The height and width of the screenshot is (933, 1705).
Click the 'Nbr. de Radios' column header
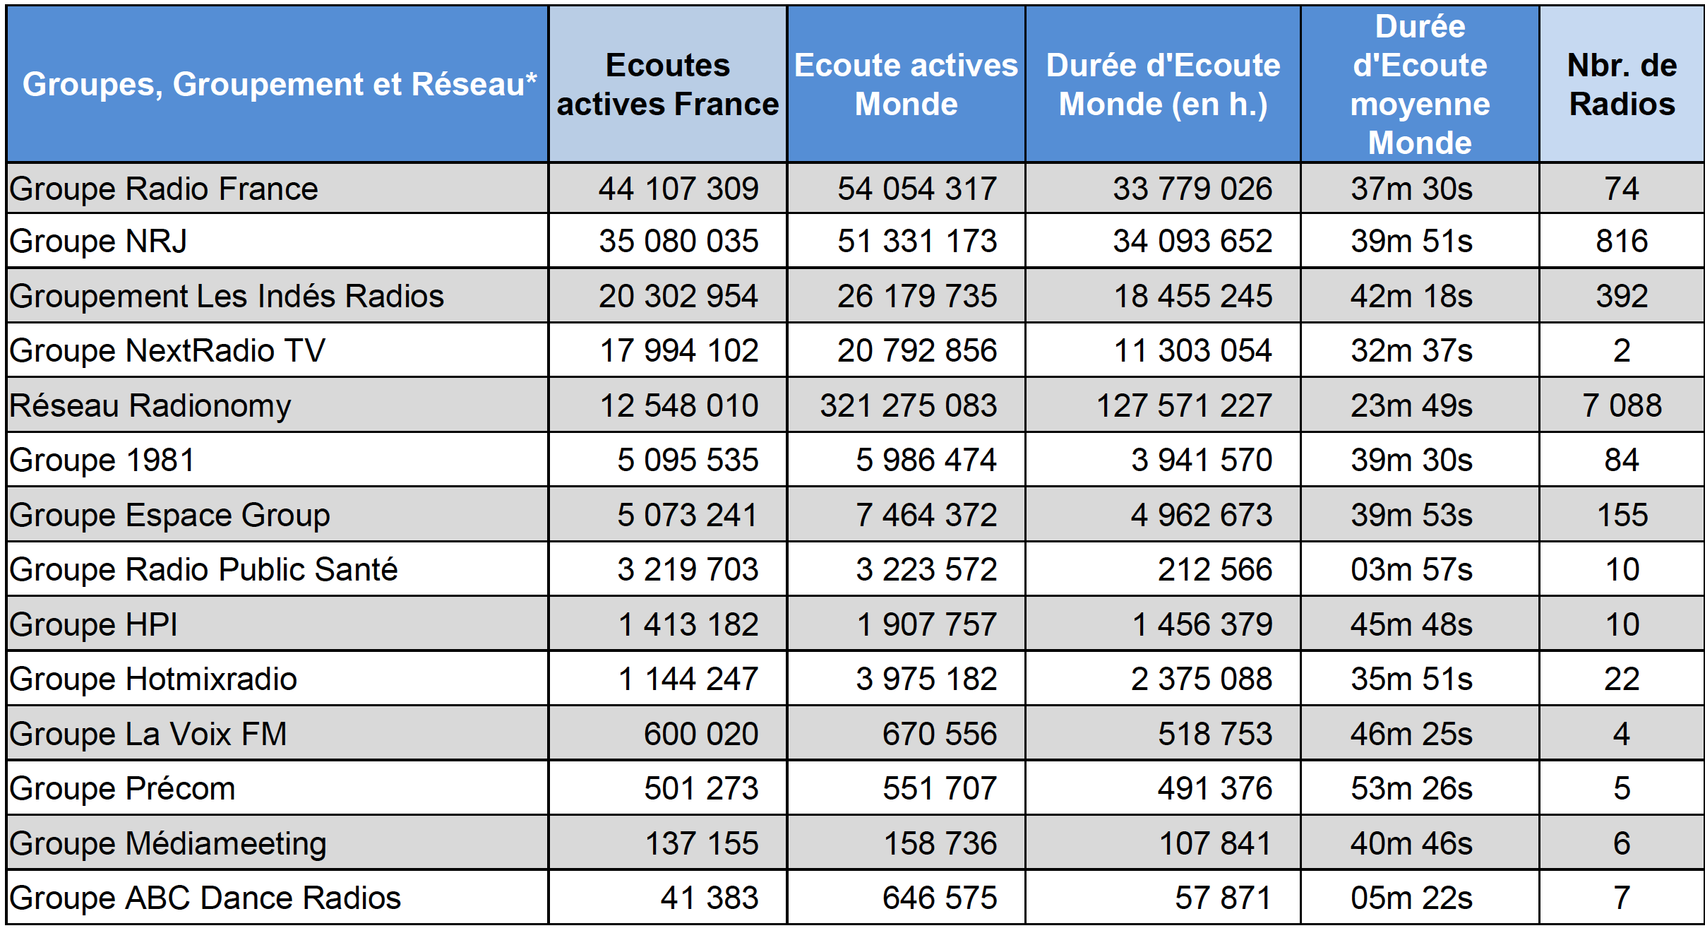click(1622, 85)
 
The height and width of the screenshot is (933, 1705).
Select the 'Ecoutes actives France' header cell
click(667, 85)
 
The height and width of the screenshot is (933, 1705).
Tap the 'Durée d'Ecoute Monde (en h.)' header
click(1163, 85)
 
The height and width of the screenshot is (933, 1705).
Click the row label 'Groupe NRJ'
click(98, 242)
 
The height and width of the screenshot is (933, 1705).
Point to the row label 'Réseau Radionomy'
click(150, 406)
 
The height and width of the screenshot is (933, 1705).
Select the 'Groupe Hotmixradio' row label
click(153, 679)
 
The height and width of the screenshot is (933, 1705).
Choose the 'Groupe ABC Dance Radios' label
click(205, 898)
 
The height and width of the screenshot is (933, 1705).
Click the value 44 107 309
click(678, 189)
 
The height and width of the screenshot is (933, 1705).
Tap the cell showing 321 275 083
click(908, 406)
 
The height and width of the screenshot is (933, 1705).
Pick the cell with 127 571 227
click(1184, 406)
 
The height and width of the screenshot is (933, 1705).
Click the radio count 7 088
click(1622, 406)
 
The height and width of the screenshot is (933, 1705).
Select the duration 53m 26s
click(1411, 789)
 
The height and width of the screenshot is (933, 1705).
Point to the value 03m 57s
click(1411, 570)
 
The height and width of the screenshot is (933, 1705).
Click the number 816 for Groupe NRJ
click(1622, 242)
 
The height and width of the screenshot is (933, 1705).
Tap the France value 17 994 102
click(678, 351)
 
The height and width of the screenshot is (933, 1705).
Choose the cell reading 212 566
click(1214, 570)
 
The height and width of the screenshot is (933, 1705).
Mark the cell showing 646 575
click(939, 898)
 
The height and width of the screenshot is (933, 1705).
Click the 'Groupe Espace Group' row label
click(169, 516)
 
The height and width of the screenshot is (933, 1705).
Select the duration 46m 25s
click(1411, 735)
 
